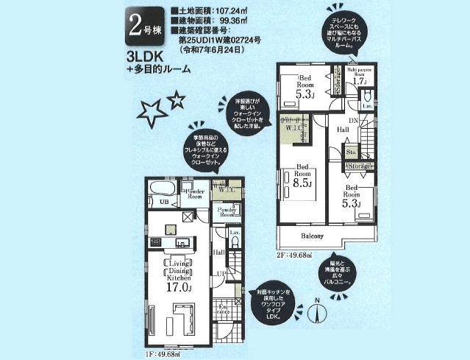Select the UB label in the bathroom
pyautogui.click(x=165, y=201)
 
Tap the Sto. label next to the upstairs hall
pyautogui.click(x=352, y=152)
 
